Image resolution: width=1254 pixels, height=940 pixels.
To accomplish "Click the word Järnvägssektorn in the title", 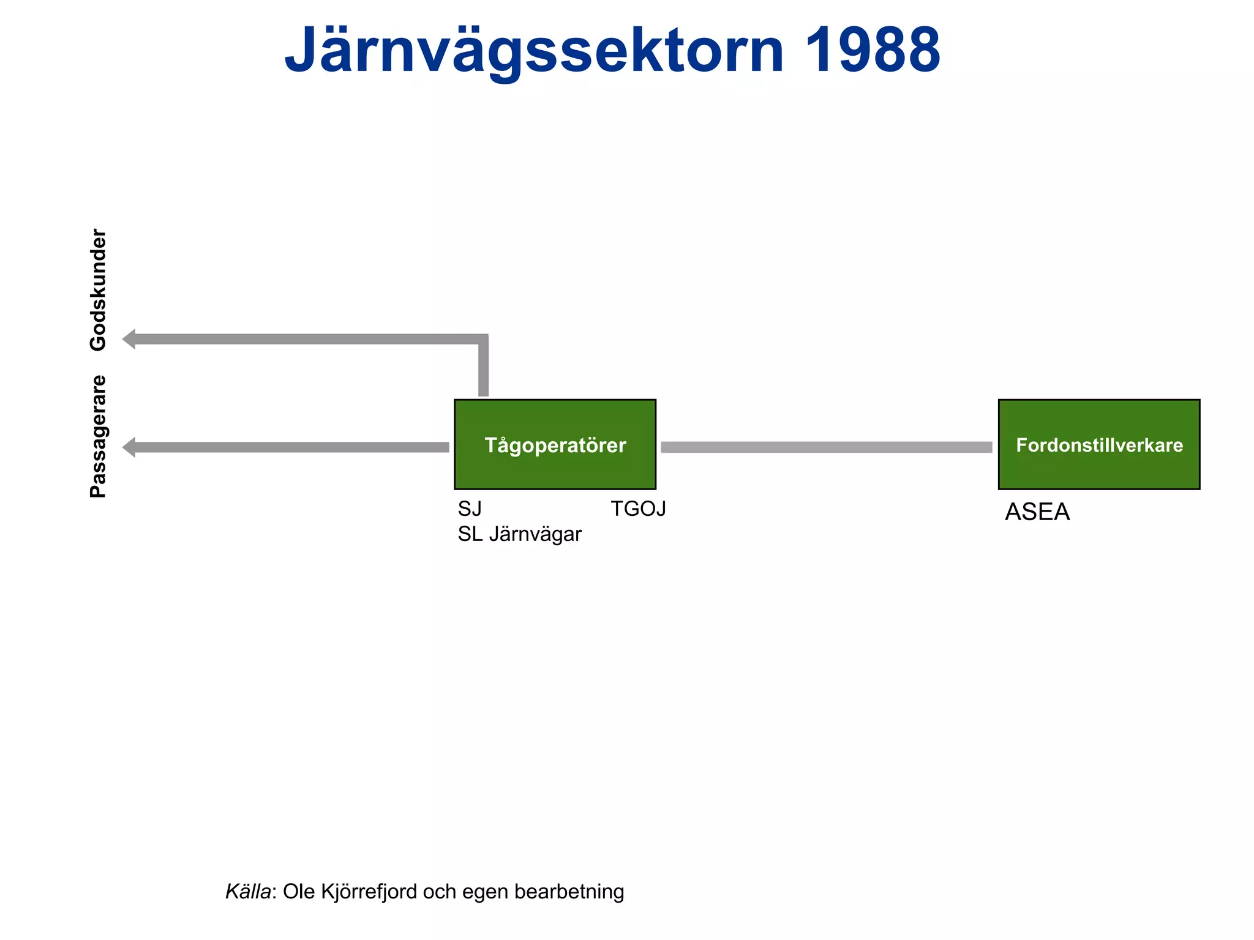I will click(533, 50).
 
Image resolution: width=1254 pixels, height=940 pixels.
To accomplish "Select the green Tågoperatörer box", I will click(555, 444).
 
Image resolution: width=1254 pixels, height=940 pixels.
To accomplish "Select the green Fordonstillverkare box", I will click(1098, 444).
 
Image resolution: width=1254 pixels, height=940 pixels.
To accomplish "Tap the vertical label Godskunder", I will click(98, 289).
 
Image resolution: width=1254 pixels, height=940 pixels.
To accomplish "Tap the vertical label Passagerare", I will click(98, 436).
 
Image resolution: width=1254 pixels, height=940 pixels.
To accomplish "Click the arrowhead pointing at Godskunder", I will click(129, 339).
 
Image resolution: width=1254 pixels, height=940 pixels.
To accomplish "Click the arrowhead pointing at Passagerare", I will click(129, 447).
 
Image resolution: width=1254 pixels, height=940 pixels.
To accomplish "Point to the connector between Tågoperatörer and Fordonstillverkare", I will click(826, 447).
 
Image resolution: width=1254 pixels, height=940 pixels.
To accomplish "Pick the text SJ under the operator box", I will click(470, 509).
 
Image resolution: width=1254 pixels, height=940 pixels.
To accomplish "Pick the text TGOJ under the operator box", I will click(638, 509).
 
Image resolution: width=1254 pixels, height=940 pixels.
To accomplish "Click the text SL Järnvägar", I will click(519, 534).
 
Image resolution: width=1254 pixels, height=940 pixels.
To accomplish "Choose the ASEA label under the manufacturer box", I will click(1037, 512).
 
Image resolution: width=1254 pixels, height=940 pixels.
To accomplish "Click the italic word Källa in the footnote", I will click(248, 892).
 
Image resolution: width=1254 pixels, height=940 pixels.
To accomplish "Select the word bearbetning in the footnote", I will click(569, 892).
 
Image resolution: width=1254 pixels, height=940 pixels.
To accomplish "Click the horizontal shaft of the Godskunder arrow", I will click(306, 339).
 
